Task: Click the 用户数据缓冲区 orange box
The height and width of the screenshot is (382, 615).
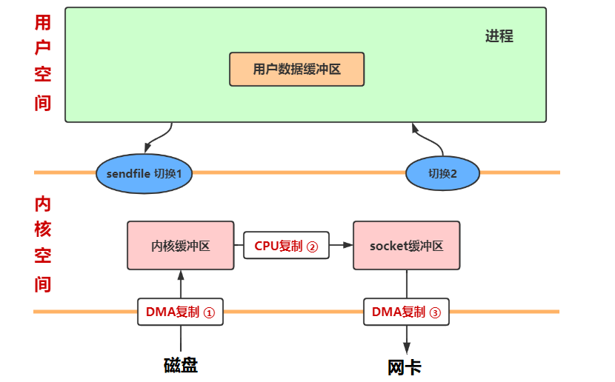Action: point(296,70)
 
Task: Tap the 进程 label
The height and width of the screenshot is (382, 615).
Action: point(499,36)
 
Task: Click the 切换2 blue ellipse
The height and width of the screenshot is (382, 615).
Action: point(442,173)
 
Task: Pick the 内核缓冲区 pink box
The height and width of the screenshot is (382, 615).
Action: point(180,246)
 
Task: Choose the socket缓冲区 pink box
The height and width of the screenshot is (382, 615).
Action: point(406,246)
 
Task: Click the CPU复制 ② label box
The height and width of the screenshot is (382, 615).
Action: point(286,246)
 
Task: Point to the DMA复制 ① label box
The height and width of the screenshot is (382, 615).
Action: point(180,312)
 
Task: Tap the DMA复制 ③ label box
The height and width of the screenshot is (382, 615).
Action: point(406,312)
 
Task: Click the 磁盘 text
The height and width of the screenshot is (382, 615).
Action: point(180,365)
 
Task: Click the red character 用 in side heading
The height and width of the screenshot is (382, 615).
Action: point(43,22)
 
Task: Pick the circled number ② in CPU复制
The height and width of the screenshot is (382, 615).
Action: point(312,247)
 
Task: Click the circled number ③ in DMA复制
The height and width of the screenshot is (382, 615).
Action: point(434,312)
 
